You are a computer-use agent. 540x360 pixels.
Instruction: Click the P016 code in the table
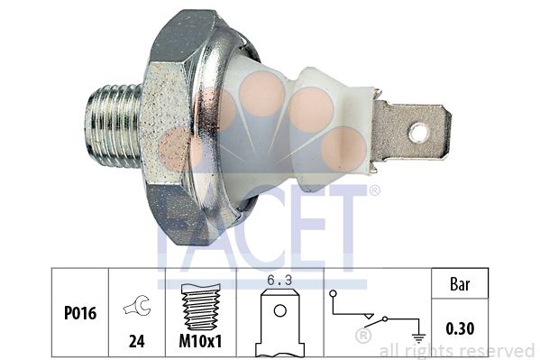(x=80, y=313)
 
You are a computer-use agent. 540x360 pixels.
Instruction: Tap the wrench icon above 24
(x=137, y=305)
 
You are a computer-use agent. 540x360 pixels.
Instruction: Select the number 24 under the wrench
(x=137, y=341)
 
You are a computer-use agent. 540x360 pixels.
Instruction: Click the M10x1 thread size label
(x=201, y=341)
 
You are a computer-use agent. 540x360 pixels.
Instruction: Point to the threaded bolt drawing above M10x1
(x=201, y=307)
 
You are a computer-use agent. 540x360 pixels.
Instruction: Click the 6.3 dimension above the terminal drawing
(x=279, y=281)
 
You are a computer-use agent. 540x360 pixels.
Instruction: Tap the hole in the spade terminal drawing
(x=280, y=310)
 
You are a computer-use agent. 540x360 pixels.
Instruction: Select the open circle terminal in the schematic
(x=333, y=294)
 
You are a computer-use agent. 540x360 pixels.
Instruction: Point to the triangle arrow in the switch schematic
(x=370, y=316)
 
